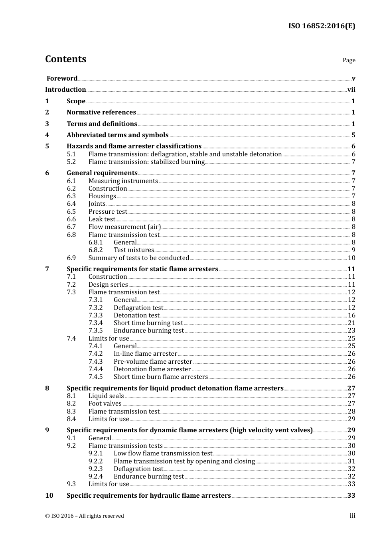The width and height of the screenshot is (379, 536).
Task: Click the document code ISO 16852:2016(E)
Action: pos(322,26)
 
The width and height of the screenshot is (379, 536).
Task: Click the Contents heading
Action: pos(65,59)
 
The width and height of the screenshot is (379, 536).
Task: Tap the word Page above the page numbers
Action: pos(349,60)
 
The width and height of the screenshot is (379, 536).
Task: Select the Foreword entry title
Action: pos(62,79)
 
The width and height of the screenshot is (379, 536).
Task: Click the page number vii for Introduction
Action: pos(351,90)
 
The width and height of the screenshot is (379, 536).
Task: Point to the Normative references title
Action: pos(101,112)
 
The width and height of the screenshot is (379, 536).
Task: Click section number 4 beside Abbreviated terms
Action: pos(47,135)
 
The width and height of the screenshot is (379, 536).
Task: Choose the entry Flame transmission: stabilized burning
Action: pos(146,162)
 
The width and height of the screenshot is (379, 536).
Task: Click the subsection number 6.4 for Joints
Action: pos(71,204)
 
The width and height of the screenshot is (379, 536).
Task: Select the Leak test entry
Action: pos(102,219)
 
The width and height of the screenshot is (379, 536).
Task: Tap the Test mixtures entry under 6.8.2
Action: pos(134,250)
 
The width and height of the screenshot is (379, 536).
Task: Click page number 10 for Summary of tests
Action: pos(351,258)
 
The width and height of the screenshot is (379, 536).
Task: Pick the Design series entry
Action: pos(108,285)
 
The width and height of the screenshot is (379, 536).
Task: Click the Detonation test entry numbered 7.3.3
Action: pos(136,315)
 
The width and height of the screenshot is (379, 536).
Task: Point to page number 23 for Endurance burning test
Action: pos(351,331)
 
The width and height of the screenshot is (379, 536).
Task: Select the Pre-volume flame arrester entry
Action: pos(153,362)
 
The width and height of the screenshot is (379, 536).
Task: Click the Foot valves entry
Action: pos(105,404)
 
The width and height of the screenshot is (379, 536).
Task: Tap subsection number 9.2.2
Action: pos(95,461)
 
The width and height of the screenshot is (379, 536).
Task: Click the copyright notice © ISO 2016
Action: pos(85,516)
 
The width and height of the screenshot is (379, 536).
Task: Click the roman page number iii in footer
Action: pos(352,516)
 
